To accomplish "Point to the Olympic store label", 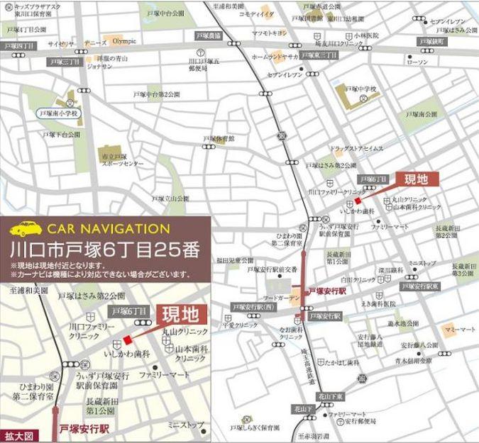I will click(123, 40).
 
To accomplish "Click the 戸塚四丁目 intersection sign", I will click(19, 45).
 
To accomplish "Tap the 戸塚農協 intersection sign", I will click(209, 35).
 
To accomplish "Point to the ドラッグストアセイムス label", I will click(356, 149).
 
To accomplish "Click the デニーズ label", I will click(97, 42).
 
